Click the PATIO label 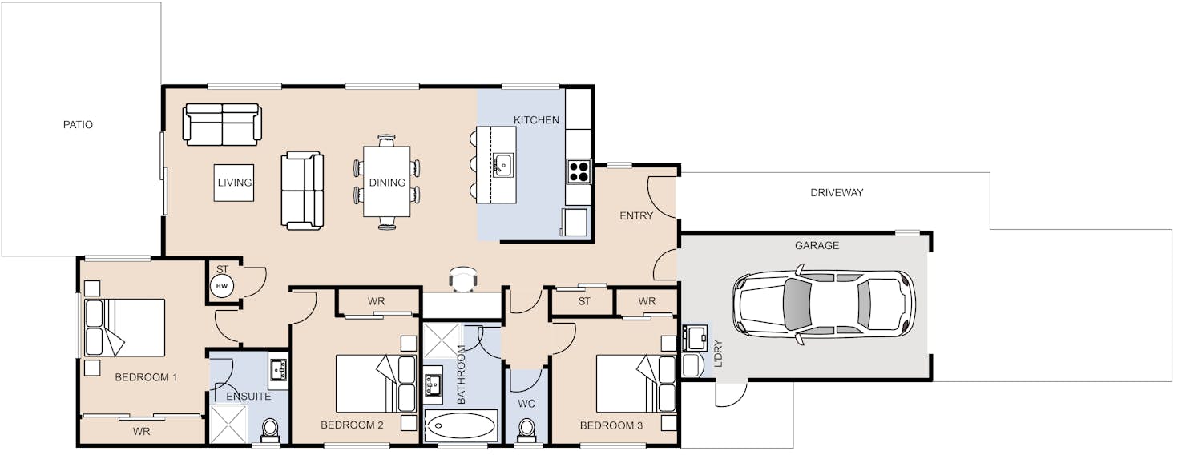pos(78,125)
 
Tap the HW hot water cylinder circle pos(221,286)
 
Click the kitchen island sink pos(503,166)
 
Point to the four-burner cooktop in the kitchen pos(579,171)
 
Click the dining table pos(387,182)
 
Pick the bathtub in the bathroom pos(461,426)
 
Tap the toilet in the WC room pos(526,429)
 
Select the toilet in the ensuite pos(270,430)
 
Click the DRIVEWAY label pos(837,193)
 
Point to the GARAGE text pos(817,246)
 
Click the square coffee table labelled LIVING pos(233,183)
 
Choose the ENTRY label pos(636,216)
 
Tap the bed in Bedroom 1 pos(125,328)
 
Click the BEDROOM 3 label pos(611,425)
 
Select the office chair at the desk pos(463,279)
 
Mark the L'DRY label pos(718,353)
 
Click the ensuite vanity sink pos(279,370)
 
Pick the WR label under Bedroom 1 pos(141,432)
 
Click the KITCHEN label pos(536,120)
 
